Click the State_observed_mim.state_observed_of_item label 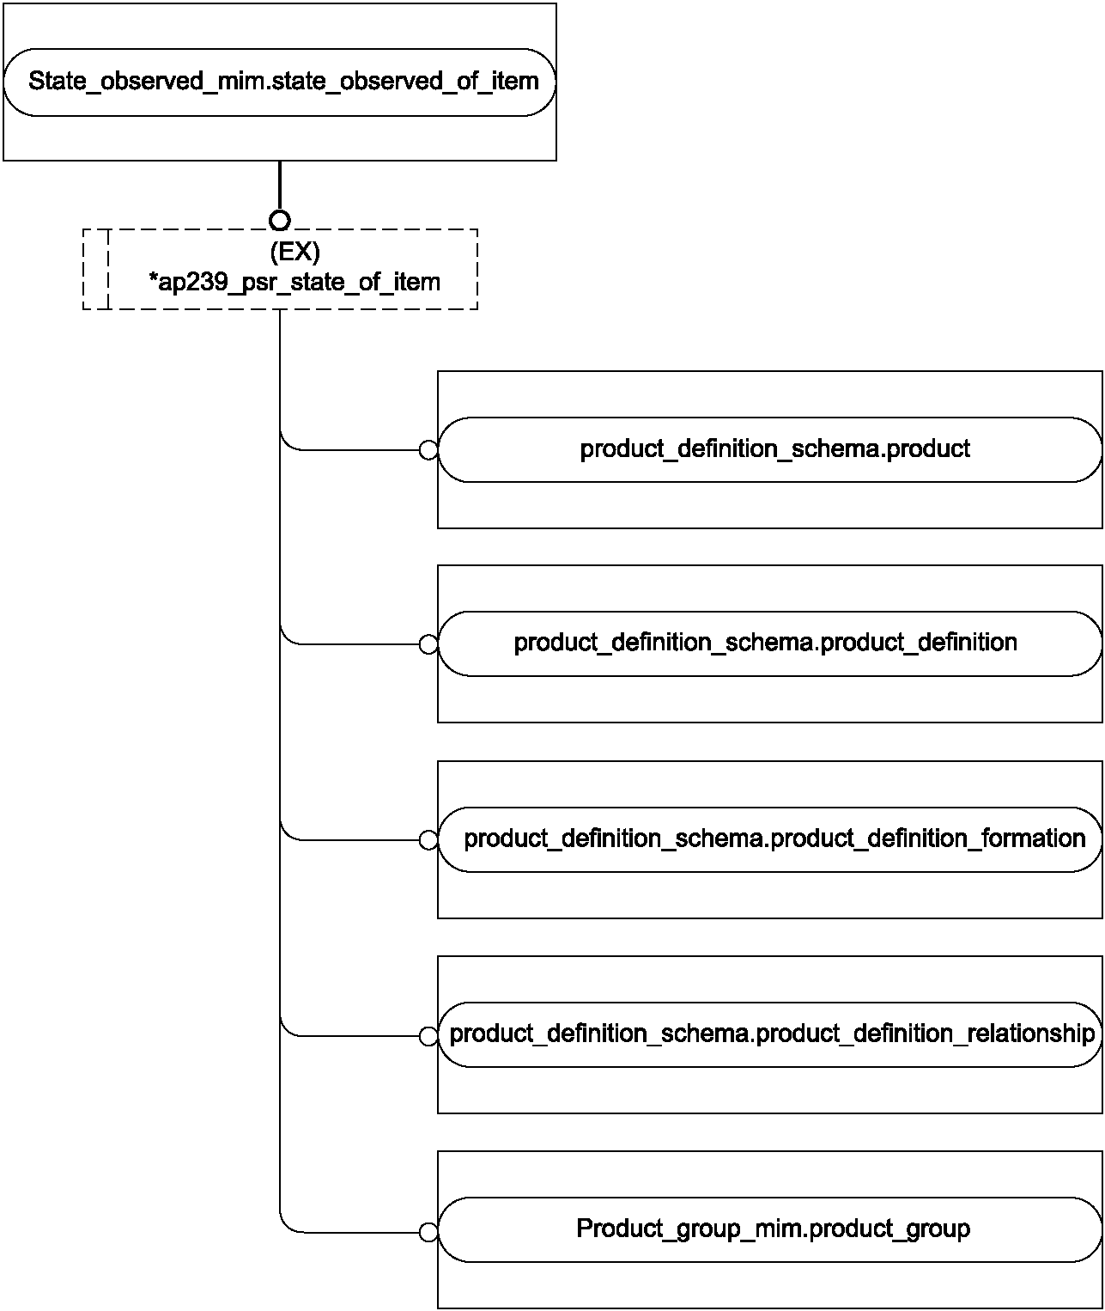coord(283,82)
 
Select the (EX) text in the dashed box coord(294,252)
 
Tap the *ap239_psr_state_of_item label coord(294,282)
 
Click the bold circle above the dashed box coord(280,221)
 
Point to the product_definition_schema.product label coord(775,449)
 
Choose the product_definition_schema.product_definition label coord(766,643)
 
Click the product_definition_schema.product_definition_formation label coord(775,838)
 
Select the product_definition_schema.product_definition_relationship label coord(773,1034)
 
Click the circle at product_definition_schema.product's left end coord(428,450)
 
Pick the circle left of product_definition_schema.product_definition coord(428,644)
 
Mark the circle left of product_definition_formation coord(428,840)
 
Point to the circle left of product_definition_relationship coord(428,1036)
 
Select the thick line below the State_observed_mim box coord(280,186)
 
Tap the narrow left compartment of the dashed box coord(96,270)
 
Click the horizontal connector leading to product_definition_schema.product coord(358,450)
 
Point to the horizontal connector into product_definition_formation coord(358,840)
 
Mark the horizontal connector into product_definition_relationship coord(358,1036)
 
